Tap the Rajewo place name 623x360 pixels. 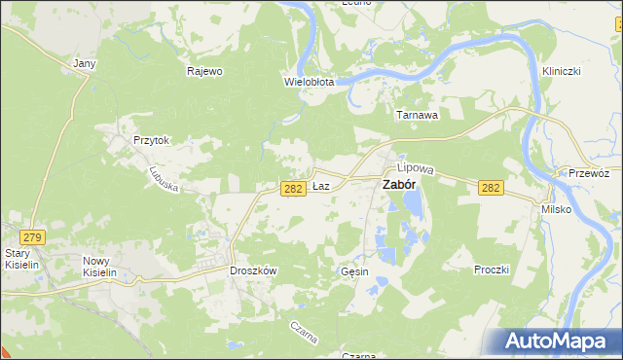(205, 71)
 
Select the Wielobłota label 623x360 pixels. (310, 83)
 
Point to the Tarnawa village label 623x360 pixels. (416, 115)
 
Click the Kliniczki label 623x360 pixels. (562, 72)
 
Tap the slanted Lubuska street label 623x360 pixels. (163, 177)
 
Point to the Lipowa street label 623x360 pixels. (421, 168)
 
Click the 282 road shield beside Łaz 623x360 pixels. (294, 189)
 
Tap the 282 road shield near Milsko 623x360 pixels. (492, 189)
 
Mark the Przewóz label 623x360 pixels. (589, 173)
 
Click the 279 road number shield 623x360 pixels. (33, 236)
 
